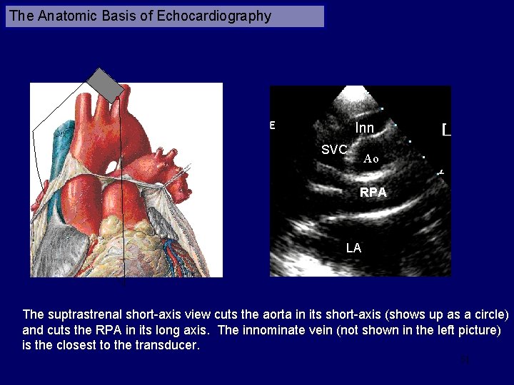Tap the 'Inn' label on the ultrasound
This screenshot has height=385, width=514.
click(x=364, y=128)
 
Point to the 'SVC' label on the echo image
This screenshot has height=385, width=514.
click(x=333, y=150)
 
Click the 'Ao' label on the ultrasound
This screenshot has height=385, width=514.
click(x=371, y=159)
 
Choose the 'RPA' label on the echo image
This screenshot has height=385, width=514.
click(x=373, y=192)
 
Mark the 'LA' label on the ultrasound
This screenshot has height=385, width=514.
click(x=353, y=248)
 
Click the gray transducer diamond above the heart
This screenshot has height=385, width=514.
click(x=109, y=84)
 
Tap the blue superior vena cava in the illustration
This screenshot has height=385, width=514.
click(x=61, y=143)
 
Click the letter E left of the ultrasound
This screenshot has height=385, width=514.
click(x=272, y=125)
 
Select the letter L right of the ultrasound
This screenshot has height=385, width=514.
click(x=446, y=130)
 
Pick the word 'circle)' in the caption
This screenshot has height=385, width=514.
click(x=489, y=314)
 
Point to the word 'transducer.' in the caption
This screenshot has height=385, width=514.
click(x=161, y=346)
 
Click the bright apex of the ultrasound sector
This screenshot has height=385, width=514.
click(x=360, y=93)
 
